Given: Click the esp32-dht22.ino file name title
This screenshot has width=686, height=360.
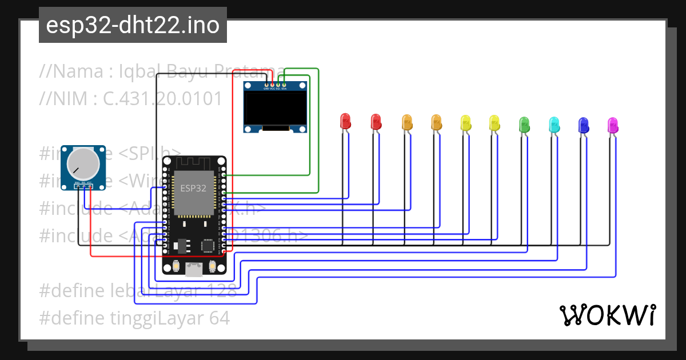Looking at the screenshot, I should pos(133,26).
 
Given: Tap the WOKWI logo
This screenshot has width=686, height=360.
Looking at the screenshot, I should pos(608,314).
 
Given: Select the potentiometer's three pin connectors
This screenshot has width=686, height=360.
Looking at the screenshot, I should pos(83,185).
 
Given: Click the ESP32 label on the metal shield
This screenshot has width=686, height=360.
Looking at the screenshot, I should pos(194,188).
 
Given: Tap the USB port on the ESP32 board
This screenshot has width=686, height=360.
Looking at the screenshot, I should pos(194,270).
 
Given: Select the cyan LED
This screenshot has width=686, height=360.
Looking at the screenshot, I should pos(553,123).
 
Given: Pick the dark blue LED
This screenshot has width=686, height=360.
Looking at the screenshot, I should pos(583,123).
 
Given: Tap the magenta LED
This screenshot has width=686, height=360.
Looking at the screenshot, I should pos(612,123).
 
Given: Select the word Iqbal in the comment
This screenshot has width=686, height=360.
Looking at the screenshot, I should pos(135,71).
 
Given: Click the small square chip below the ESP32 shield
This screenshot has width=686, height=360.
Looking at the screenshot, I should pos(208,246).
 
